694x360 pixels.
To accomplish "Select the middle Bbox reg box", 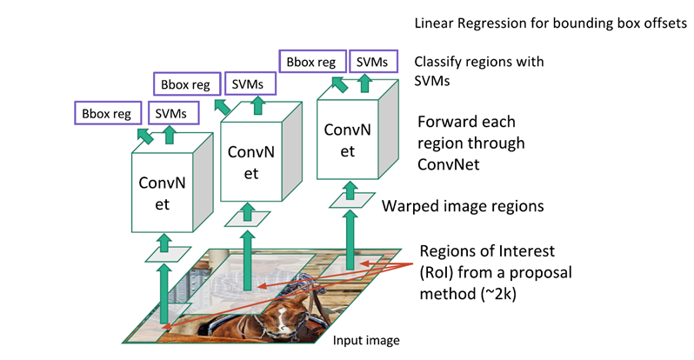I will pos(184,85).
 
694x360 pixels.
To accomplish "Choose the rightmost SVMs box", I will pos(373,62).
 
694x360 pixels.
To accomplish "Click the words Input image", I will pos(367,339).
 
